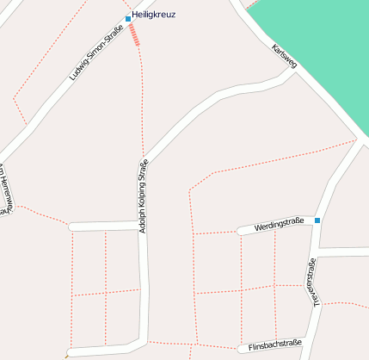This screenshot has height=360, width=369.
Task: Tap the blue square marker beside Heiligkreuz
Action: (x=128, y=18)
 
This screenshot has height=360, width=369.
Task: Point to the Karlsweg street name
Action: (x=284, y=57)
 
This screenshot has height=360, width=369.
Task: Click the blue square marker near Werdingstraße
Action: (x=317, y=220)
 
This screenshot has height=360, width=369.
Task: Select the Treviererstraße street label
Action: (x=314, y=282)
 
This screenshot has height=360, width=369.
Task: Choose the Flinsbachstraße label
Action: (x=274, y=344)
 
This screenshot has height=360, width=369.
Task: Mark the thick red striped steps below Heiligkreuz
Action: (x=134, y=35)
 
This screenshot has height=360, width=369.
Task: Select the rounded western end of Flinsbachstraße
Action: (x=242, y=349)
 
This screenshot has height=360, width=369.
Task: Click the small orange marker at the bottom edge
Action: (x=66, y=355)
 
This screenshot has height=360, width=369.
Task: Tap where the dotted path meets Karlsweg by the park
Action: (x=355, y=140)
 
